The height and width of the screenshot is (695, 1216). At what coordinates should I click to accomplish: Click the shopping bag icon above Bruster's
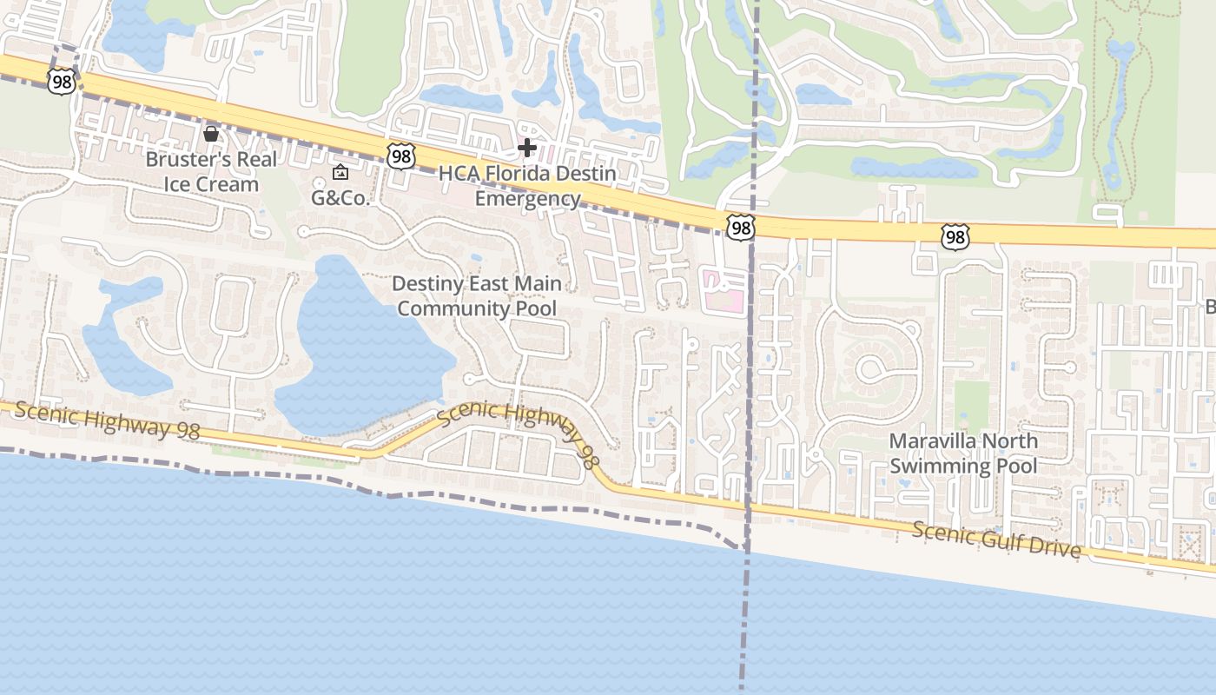click(210, 134)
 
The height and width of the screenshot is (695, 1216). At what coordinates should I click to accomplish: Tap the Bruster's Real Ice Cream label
click(211, 172)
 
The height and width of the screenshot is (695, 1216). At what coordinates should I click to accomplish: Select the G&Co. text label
click(341, 198)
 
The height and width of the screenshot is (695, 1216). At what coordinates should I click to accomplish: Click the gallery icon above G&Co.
click(340, 172)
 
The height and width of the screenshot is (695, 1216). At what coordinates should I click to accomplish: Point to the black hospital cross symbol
click(526, 148)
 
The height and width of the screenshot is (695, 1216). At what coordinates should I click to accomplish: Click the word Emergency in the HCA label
click(528, 199)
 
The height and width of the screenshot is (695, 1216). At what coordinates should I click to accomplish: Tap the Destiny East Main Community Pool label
click(477, 296)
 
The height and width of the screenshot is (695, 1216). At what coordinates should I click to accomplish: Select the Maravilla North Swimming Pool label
click(963, 453)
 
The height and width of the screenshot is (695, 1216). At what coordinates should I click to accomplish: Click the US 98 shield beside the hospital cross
click(401, 156)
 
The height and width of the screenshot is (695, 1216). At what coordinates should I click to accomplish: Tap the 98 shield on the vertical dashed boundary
click(741, 228)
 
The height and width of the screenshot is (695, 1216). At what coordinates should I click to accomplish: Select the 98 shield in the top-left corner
click(61, 82)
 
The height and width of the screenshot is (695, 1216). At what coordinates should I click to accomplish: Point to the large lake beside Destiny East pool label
click(365, 347)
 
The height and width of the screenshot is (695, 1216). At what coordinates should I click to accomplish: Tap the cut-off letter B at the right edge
click(1210, 307)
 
